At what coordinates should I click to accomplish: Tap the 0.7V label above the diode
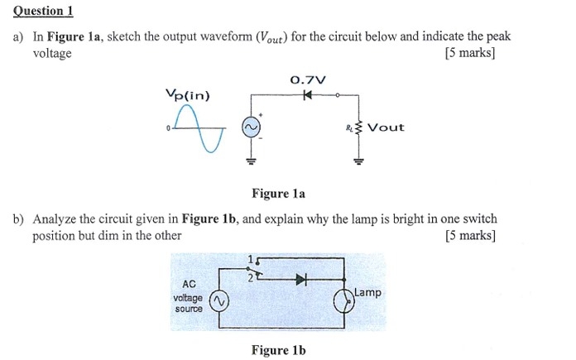click(308, 80)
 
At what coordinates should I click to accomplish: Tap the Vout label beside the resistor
click(386, 127)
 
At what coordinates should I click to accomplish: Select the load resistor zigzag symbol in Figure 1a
click(358, 127)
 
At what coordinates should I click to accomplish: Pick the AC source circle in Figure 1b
click(220, 301)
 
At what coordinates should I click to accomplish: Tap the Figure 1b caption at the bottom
click(278, 350)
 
